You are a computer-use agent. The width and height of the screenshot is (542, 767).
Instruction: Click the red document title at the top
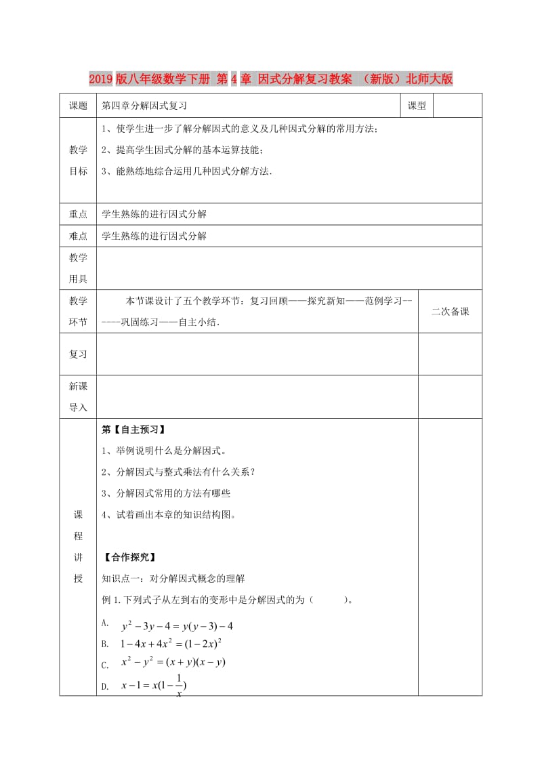(271, 79)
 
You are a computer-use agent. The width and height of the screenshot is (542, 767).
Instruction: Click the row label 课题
(79, 106)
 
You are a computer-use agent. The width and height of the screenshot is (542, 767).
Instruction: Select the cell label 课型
(416, 106)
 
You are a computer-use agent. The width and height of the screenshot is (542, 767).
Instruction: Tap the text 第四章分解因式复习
(144, 106)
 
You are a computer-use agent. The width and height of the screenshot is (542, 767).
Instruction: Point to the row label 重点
(79, 214)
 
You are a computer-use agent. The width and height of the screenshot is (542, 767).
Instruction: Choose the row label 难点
(79, 236)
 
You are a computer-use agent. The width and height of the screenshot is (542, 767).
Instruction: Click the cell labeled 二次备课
(450, 312)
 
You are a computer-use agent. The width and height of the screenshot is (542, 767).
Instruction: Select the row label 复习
(79, 354)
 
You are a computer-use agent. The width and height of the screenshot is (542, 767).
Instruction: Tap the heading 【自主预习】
(133, 430)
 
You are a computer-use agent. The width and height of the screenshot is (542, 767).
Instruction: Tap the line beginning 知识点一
(173, 579)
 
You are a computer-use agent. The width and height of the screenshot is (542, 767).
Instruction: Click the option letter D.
(105, 687)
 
